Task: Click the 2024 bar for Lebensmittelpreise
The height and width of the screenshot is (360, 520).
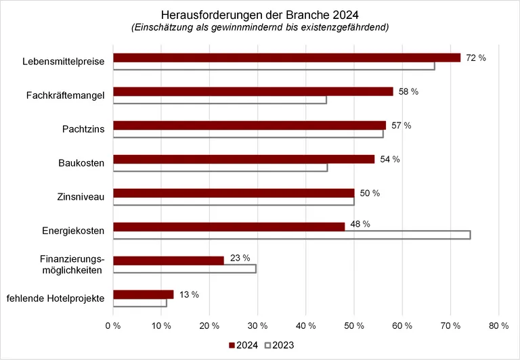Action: [x=286, y=58]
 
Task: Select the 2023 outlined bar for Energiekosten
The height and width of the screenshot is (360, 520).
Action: [x=291, y=235]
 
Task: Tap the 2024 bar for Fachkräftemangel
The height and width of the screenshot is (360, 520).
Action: [x=253, y=91]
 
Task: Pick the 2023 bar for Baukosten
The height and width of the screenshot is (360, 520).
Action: [x=220, y=167]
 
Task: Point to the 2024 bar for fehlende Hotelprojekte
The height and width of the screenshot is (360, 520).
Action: [x=143, y=294]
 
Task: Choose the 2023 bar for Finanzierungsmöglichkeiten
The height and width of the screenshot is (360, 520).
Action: [x=184, y=269]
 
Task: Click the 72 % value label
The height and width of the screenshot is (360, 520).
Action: [x=476, y=58]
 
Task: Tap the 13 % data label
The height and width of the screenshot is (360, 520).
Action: [x=189, y=295]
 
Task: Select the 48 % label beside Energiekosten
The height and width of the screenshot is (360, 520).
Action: [x=360, y=224]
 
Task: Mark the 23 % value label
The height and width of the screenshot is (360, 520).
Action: [x=240, y=258]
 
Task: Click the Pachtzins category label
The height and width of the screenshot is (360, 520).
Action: [x=87, y=130]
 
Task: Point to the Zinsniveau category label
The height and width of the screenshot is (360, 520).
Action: [x=83, y=198]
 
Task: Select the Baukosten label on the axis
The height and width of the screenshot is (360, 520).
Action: [x=83, y=164]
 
